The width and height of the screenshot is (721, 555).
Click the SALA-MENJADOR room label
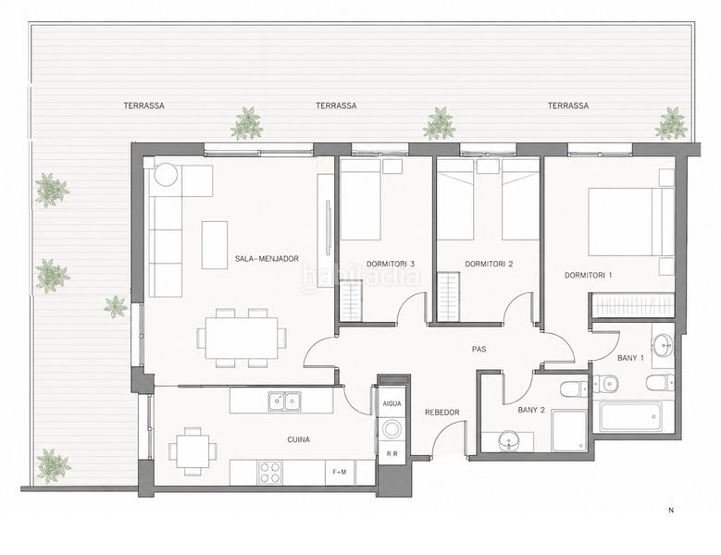[x=267, y=259]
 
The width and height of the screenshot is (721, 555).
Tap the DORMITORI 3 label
[x=391, y=264]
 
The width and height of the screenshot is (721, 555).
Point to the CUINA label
[x=298, y=439]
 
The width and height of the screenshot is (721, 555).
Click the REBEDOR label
[x=441, y=413]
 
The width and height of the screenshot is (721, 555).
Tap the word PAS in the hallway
[x=479, y=349]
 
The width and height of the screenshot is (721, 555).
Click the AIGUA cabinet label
[x=392, y=404]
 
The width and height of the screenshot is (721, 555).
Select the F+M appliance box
[x=340, y=472]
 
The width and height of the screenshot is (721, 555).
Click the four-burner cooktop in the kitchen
[x=269, y=473]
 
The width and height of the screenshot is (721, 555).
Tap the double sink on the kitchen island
[x=285, y=401]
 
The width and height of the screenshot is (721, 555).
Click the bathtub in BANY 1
[x=631, y=417]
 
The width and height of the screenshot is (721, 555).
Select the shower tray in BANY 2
[x=569, y=430]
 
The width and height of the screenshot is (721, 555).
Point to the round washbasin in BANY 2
[x=508, y=441]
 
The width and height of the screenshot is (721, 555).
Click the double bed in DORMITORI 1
[x=625, y=222]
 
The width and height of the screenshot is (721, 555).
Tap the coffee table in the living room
[x=215, y=245]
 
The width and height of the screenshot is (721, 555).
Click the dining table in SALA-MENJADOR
[x=242, y=338]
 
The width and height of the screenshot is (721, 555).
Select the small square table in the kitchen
[x=193, y=451]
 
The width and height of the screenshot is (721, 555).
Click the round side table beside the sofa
[x=166, y=175]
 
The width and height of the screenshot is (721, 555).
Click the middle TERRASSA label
[x=336, y=105]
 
